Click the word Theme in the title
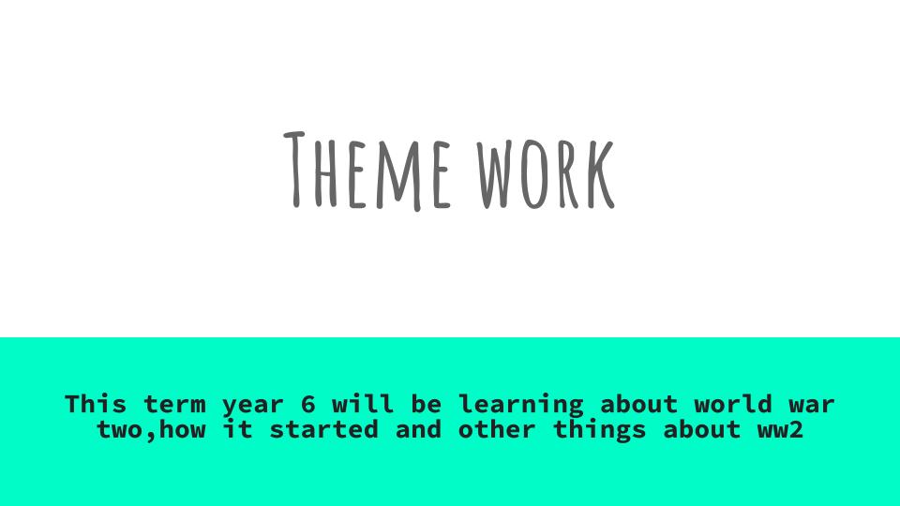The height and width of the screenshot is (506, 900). pyautogui.click(x=367, y=171)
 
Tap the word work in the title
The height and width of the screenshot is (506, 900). pyautogui.click(x=546, y=173)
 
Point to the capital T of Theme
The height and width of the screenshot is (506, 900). pyautogui.click(x=294, y=170)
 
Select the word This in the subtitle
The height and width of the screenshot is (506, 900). pyautogui.click(x=96, y=404)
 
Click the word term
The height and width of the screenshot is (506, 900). pyautogui.click(x=174, y=404)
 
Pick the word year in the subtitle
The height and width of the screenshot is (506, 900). pyautogui.click(x=253, y=406)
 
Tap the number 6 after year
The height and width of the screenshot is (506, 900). pyautogui.click(x=308, y=404)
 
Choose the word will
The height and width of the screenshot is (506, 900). pyautogui.click(x=364, y=404)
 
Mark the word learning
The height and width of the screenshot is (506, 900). pyautogui.click(x=521, y=406)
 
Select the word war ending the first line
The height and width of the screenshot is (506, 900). pyautogui.click(x=812, y=406)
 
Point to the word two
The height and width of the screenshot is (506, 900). pyautogui.click(x=119, y=430)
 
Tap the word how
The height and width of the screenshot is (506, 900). pyautogui.click(x=182, y=429)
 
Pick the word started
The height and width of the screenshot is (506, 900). pyautogui.click(x=323, y=429)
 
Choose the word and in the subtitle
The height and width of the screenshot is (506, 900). pyautogui.click(x=418, y=429)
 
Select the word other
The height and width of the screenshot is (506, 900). pyautogui.click(x=497, y=429)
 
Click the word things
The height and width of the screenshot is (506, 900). pyautogui.click(x=600, y=431)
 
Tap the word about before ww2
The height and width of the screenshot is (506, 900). pyautogui.click(x=702, y=429)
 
